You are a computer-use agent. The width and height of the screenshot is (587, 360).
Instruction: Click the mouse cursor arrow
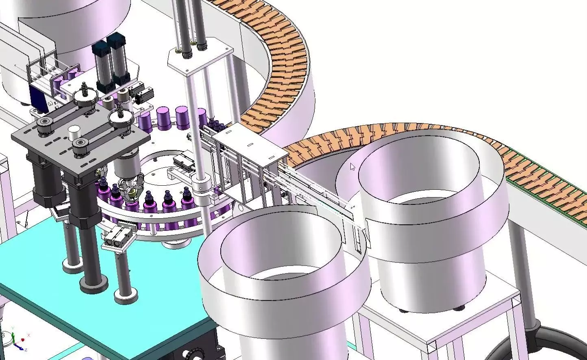point(352,167)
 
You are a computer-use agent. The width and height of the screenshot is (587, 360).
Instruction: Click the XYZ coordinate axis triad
point(17,339)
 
